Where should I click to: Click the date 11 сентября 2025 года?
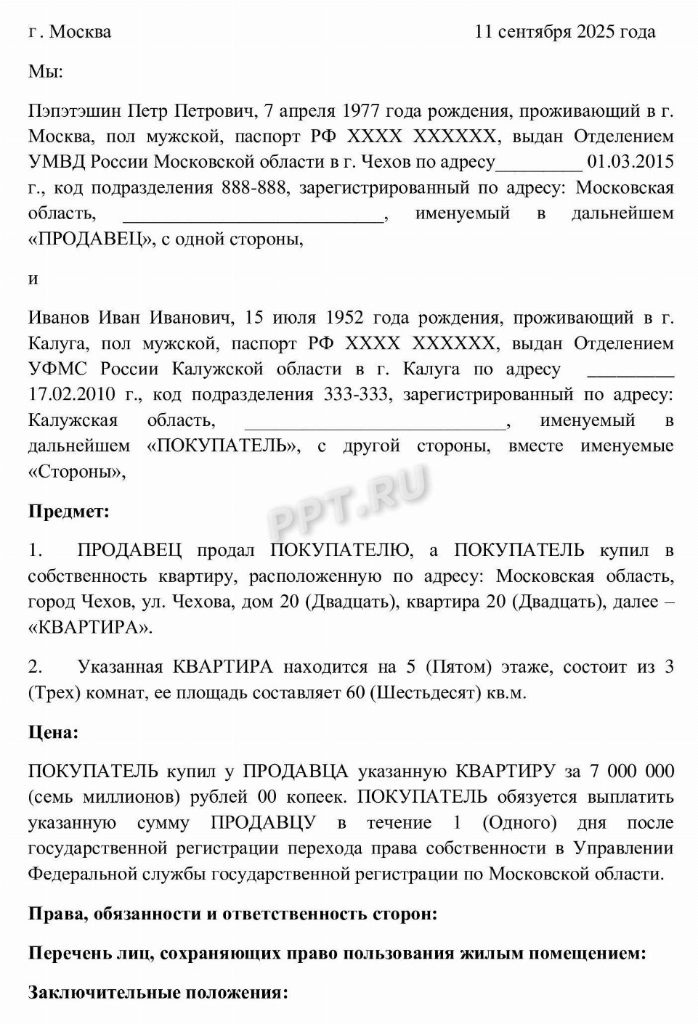[564, 32]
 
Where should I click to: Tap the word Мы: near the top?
[45, 71]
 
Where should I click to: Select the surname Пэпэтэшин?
[76, 111]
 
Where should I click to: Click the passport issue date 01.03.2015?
[630, 162]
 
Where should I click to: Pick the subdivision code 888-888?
[253, 188]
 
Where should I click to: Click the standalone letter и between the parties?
[33, 278]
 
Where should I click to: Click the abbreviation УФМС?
[57, 369]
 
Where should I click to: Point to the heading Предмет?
[68, 512]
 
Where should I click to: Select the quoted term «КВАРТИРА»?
[90, 628]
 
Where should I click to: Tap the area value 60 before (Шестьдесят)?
[355, 693]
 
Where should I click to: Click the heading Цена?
[53, 732]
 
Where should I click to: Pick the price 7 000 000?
[631, 771]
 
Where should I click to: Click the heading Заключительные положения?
[158, 992]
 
